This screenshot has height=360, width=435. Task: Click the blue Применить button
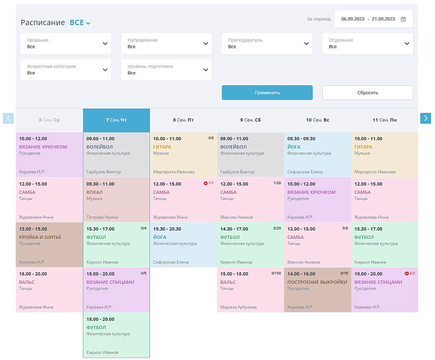267,92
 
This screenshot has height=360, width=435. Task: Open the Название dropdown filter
66,43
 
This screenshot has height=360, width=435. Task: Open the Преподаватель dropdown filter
267,43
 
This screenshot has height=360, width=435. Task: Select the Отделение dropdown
367,43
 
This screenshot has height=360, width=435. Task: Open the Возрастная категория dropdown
66,70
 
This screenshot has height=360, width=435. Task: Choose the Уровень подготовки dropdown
166,70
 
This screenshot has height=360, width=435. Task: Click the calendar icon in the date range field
403,19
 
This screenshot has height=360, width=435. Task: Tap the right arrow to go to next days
425,118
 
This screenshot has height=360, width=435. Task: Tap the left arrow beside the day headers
8,118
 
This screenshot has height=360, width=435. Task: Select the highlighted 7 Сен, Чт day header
116,120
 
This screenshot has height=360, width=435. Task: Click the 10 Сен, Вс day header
317,120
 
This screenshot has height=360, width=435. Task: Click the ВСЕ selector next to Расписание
80,23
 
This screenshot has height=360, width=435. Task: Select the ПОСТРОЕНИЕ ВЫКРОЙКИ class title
317,282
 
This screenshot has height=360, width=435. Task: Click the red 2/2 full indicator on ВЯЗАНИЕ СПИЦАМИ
410,274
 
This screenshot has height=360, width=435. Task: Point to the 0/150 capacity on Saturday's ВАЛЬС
276,274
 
